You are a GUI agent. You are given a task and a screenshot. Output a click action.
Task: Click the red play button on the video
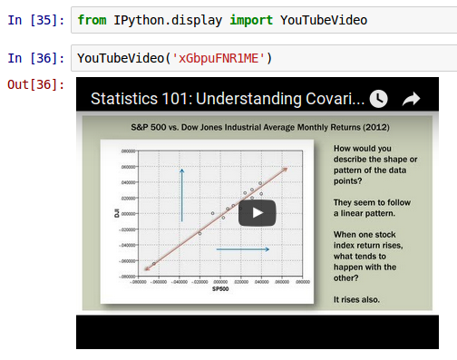coord(257,213)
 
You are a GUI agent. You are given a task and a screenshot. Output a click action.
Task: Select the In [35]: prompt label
coord(35,19)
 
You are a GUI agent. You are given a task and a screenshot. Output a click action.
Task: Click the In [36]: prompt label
coord(35,58)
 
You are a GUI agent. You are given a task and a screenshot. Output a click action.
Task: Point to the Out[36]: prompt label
coord(35,84)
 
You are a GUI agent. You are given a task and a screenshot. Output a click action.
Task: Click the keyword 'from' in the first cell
coord(92,19)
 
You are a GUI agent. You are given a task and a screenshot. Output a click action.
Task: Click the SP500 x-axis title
coord(219,289)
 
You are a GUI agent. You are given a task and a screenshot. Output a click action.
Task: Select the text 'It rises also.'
coord(356,299)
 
